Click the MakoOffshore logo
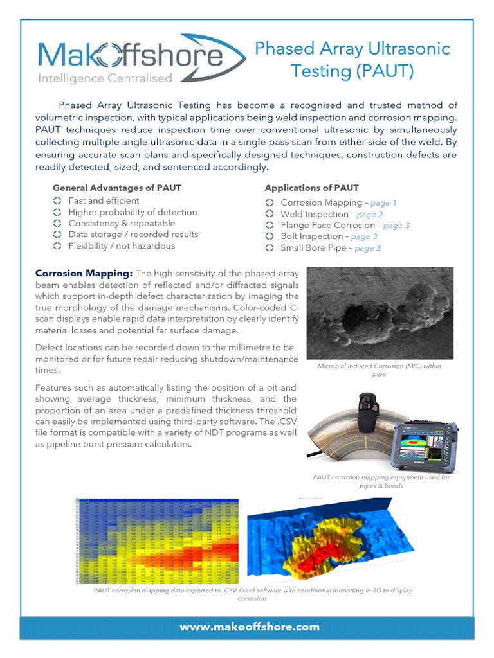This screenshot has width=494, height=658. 142,57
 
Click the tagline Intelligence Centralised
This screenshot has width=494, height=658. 106,78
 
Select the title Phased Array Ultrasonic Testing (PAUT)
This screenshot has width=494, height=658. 352,59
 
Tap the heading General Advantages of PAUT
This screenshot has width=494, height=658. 116,188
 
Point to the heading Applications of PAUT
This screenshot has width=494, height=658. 311,188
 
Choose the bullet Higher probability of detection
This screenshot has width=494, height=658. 133,212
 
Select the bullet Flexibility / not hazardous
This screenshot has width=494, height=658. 122,246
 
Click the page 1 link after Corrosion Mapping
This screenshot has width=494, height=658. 384,203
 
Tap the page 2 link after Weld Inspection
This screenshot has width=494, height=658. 370,215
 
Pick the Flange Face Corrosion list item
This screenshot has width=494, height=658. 327,226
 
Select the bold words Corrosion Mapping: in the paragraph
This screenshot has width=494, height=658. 84,273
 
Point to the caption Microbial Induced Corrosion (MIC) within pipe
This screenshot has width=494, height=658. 380,369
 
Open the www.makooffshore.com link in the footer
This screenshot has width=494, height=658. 249,627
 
